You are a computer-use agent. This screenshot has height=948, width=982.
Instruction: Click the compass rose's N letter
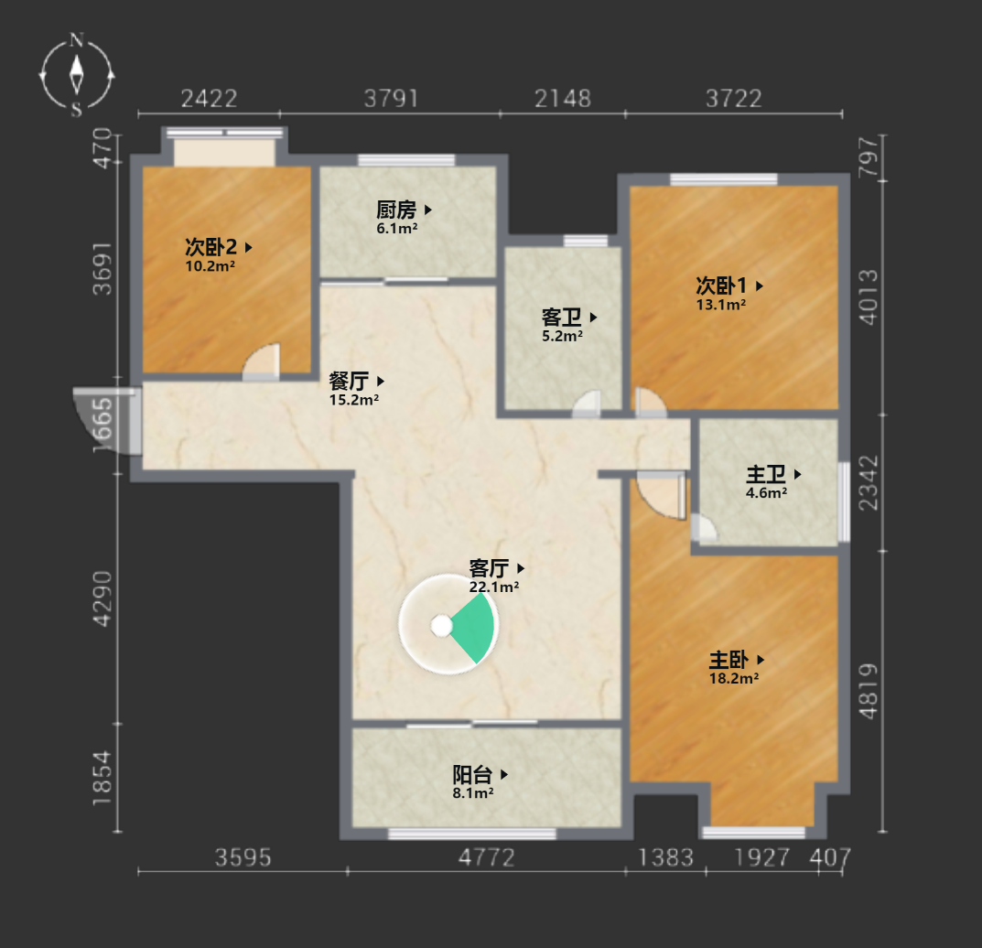(x=76, y=40)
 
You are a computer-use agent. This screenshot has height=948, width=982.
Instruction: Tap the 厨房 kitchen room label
(x=395, y=210)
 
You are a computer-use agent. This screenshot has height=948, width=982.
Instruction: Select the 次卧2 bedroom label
(x=210, y=247)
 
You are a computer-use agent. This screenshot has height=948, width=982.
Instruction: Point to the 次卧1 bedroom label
(x=721, y=285)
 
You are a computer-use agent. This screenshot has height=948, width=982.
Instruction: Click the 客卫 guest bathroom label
(x=561, y=317)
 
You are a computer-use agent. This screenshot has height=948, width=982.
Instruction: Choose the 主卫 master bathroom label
(x=766, y=474)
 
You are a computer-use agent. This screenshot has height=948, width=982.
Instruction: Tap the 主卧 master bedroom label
(x=728, y=660)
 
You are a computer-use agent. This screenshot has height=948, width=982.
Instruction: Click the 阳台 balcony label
(x=472, y=774)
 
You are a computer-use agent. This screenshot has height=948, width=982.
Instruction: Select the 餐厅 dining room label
(x=349, y=381)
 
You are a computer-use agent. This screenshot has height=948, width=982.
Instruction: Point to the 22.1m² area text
(x=493, y=587)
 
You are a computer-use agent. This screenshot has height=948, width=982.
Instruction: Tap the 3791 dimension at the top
(x=391, y=98)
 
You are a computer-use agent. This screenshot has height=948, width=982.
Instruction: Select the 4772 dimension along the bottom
(x=487, y=857)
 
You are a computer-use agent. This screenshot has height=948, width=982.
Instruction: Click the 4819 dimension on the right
(x=868, y=691)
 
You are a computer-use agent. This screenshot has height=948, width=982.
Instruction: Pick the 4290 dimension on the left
(x=103, y=598)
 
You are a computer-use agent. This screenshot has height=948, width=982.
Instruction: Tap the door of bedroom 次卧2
(x=261, y=362)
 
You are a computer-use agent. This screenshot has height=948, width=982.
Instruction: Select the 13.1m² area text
(x=721, y=305)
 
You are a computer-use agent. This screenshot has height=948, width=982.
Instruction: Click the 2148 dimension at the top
(x=563, y=98)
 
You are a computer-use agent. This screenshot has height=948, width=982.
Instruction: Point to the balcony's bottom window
(x=472, y=834)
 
